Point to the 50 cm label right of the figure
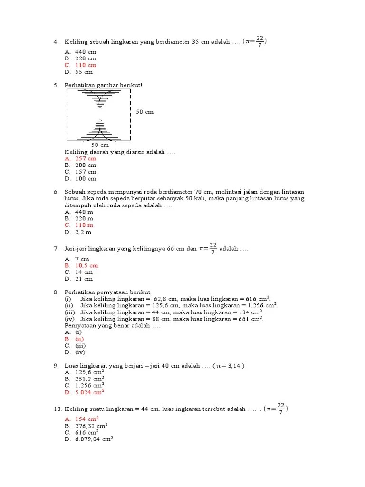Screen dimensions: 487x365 pos(145,112)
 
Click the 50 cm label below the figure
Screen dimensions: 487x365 pos(100,145)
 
